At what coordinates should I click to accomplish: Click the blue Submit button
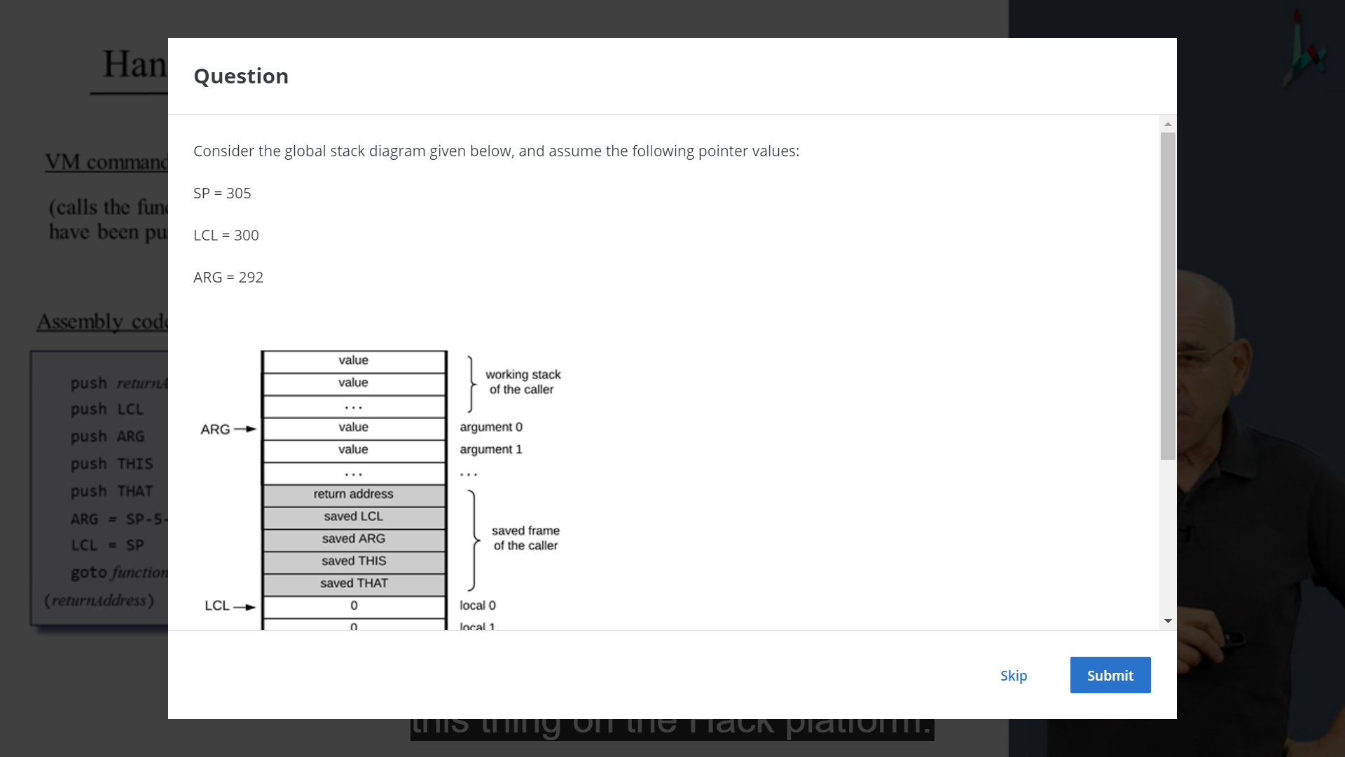coord(1110,675)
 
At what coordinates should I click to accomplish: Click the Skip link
coord(1013,676)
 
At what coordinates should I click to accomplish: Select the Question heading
coord(241,76)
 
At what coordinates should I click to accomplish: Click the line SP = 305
coord(222,193)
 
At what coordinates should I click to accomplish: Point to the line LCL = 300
coord(226,236)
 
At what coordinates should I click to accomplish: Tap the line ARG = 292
coord(228,278)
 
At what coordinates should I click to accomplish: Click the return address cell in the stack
coord(354,494)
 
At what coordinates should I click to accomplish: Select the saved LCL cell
coord(354,517)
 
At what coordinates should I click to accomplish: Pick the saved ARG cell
coord(354,539)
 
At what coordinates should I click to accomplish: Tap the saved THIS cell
coord(354,561)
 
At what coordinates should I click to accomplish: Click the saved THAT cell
coord(354,583)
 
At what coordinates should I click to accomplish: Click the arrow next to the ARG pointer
coord(245,429)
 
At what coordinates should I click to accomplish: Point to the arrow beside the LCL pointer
coord(244,607)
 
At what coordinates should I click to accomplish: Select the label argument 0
coord(491,427)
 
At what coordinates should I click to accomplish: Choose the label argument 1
coord(491,449)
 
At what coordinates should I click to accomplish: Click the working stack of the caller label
coord(523,382)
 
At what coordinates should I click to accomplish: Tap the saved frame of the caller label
coord(525,538)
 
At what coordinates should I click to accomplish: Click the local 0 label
coord(478,606)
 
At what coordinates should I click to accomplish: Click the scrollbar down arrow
coord(1168,621)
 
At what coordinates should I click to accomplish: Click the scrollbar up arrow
coord(1168,124)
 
